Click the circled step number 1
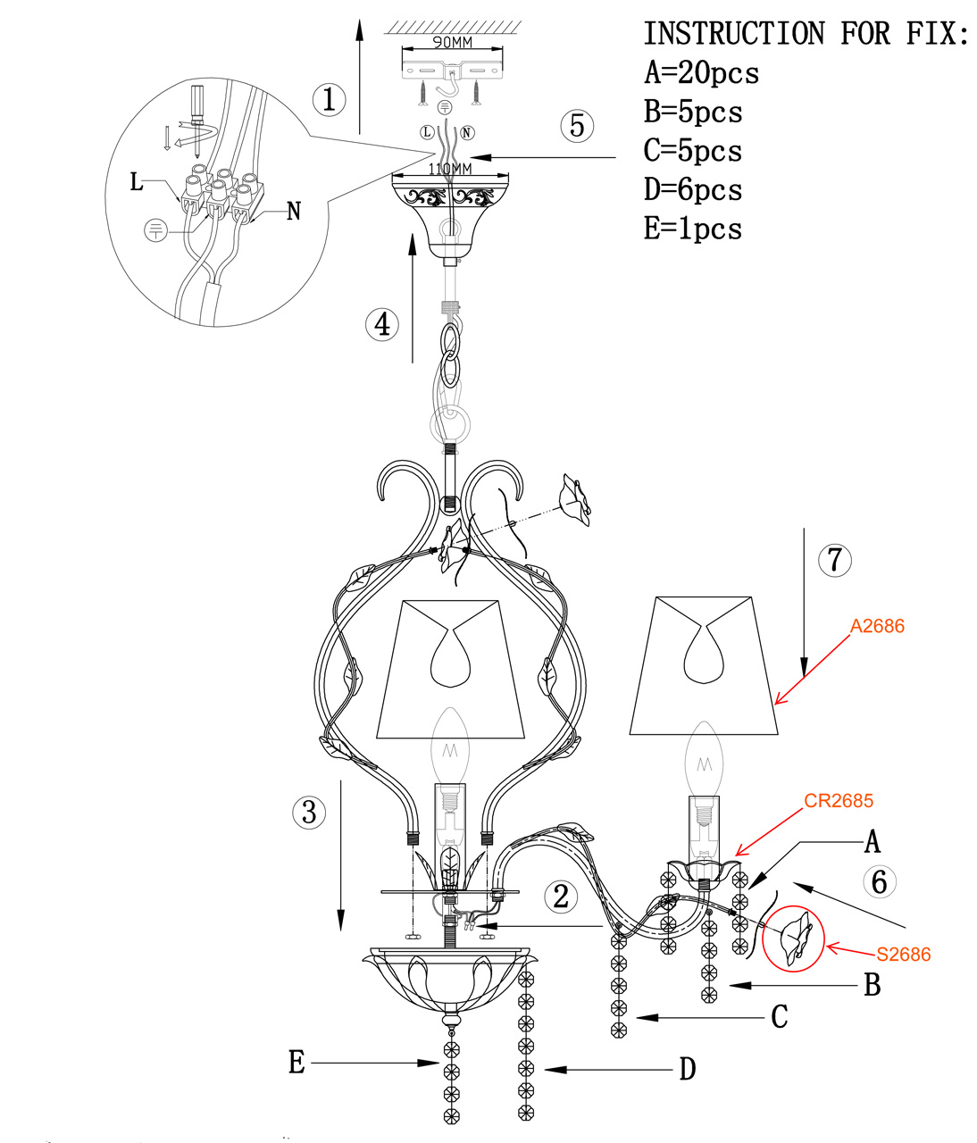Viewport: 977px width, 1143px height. click(x=329, y=99)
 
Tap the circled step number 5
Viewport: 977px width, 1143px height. click(x=577, y=126)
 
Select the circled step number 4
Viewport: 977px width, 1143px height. click(x=382, y=324)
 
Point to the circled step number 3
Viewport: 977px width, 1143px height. click(x=309, y=813)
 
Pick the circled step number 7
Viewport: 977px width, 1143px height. click(x=834, y=560)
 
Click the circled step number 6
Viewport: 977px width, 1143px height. click(x=879, y=881)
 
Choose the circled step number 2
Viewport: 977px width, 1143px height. click(x=561, y=896)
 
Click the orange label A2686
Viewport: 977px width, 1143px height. click(x=877, y=626)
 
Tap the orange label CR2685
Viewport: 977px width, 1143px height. click(x=839, y=801)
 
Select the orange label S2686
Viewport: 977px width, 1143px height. click(x=904, y=955)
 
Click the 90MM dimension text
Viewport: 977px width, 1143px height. click(x=452, y=43)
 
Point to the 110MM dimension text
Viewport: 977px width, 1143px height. click(x=450, y=168)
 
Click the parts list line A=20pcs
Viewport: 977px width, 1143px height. click(x=702, y=73)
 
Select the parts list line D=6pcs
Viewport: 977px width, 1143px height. click(x=693, y=189)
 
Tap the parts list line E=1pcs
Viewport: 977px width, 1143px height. click(x=693, y=229)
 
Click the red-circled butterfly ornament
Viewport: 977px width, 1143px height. click(x=795, y=938)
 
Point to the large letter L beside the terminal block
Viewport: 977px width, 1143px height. click(x=136, y=181)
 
